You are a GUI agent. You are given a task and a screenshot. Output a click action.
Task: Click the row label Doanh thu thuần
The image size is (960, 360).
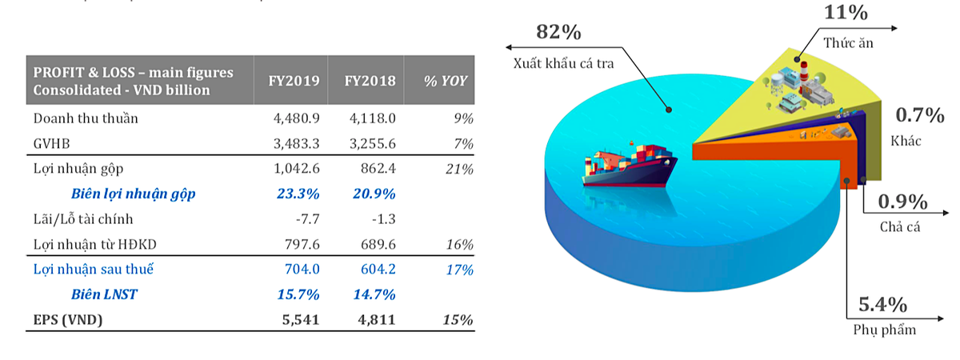86,118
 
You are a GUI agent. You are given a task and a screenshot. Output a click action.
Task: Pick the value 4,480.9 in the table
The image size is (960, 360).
297,118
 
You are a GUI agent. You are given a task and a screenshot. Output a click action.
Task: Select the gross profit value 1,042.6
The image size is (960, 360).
297,169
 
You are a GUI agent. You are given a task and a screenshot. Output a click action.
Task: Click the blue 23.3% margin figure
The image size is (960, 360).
297,194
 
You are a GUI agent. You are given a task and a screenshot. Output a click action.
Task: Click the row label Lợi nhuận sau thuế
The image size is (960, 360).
93,270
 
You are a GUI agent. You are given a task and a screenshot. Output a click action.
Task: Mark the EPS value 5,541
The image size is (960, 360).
302,320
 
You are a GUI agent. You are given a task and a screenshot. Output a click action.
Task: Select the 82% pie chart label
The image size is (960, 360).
558,32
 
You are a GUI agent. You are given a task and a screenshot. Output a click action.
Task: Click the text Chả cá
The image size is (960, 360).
898,226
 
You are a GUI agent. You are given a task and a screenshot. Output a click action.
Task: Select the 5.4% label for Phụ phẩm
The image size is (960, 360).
882,305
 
